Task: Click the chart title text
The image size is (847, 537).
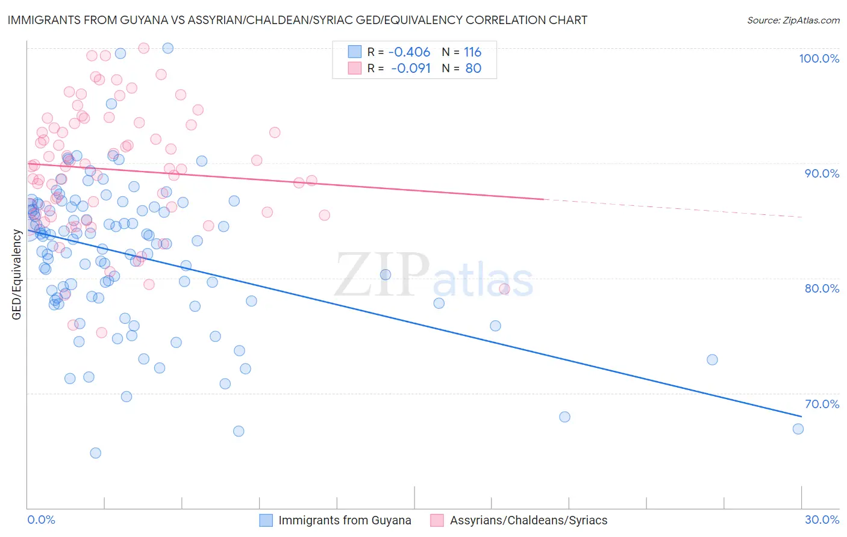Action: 297,20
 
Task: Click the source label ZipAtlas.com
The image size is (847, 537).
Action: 793,20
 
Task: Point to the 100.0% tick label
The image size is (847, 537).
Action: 819,58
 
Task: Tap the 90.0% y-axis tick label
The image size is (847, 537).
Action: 822,173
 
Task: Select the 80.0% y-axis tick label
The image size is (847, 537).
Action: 822,288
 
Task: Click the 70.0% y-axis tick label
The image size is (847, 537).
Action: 822,404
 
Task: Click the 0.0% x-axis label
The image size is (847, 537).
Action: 41,520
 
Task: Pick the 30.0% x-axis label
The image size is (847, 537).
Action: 822,520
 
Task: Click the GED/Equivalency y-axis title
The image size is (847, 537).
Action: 16,275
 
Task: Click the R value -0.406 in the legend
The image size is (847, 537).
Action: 410,52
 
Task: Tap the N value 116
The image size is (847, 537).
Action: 472,52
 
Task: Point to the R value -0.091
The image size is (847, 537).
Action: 411,68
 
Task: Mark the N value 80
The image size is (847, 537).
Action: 474,68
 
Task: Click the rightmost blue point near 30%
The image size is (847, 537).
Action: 798,429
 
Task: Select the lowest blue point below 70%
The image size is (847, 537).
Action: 95,453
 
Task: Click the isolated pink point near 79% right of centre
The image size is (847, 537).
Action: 504,289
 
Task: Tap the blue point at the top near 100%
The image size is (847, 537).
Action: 168,48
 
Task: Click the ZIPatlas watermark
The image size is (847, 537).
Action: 434,276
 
